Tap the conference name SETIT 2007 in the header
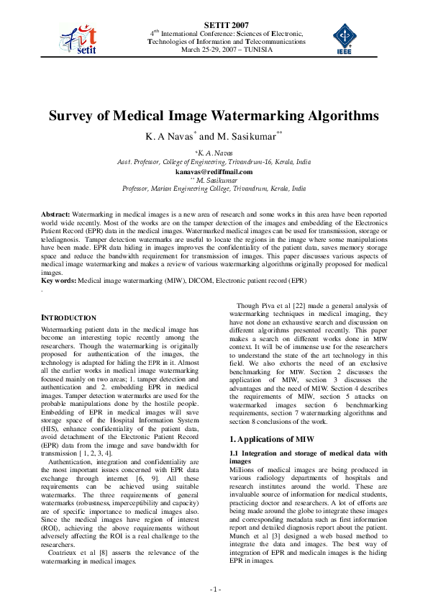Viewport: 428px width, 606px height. tap(227, 24)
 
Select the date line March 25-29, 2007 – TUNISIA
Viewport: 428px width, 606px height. tap(227, 50)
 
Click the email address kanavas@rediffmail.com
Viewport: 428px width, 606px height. tap(214, 172)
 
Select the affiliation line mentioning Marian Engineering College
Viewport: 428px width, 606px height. tap(214, 188)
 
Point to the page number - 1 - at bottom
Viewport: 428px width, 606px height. tap(214, 589)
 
